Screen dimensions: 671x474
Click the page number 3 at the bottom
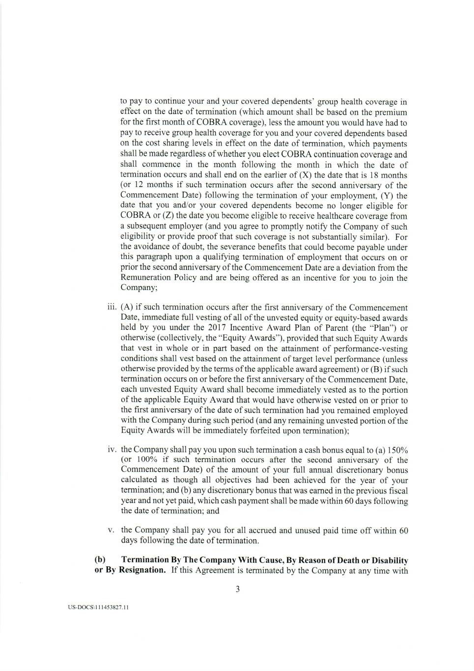[237, 589]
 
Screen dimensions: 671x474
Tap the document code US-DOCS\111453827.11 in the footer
[99, 608]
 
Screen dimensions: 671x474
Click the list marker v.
[112, 530]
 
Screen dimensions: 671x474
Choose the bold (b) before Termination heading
[100, 560]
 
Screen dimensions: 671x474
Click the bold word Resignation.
[142, 570]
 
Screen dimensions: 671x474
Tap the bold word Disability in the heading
[390, 560]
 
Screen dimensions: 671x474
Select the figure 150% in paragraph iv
[398, 450]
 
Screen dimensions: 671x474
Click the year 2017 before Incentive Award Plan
[216, 328]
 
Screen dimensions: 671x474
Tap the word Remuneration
[145, 278]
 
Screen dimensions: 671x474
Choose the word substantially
[327, 237]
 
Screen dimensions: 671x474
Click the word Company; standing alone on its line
[139, 288]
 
